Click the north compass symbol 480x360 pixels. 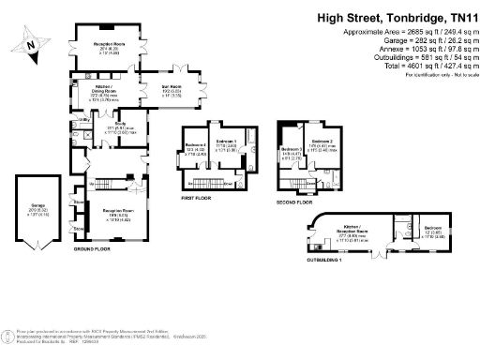point(33,43)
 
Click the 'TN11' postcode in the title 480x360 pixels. point(457,17)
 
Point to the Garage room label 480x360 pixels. point(37,210)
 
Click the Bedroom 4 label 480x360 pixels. point(195,145)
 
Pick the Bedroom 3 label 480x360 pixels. point(291,149)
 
